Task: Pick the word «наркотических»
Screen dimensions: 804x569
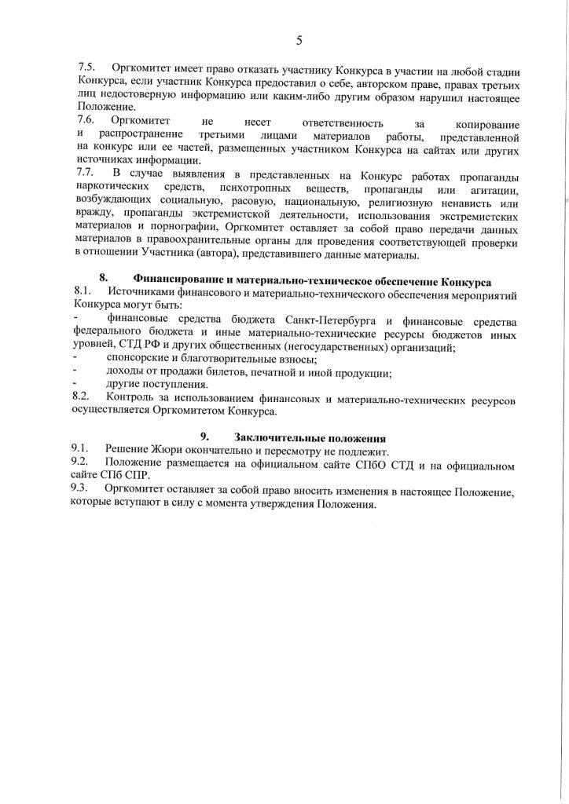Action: point(108,189)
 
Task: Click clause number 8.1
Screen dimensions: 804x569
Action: point(83,292)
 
